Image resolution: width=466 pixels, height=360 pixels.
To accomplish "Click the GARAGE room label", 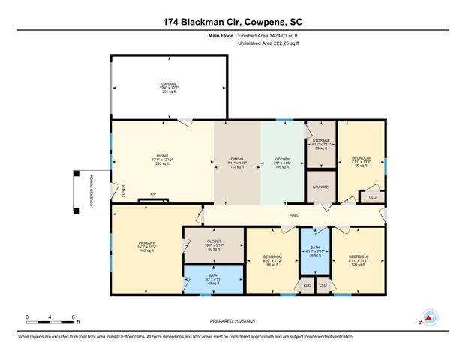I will coord(169,84).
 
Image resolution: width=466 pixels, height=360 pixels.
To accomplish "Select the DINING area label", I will coord(237,160).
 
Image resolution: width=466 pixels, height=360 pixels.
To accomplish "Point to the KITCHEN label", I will coord(282,160).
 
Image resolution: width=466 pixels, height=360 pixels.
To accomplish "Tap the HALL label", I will coord(295,215).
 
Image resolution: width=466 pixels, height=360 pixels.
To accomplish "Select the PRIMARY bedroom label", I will coord(146,243).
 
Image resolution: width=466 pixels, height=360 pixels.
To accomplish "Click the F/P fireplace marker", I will coord(152,194).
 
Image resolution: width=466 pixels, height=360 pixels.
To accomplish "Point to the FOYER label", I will coord(123,190).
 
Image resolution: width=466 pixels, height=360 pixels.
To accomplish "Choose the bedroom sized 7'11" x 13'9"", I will coord(361,157).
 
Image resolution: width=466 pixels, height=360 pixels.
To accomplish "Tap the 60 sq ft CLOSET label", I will coord(215,244).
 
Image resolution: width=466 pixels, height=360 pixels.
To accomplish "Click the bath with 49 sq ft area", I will coord(214,280).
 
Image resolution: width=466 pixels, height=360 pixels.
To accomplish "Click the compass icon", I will coord(430,317).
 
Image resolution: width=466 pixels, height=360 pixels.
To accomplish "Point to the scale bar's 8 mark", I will coord(72,316).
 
